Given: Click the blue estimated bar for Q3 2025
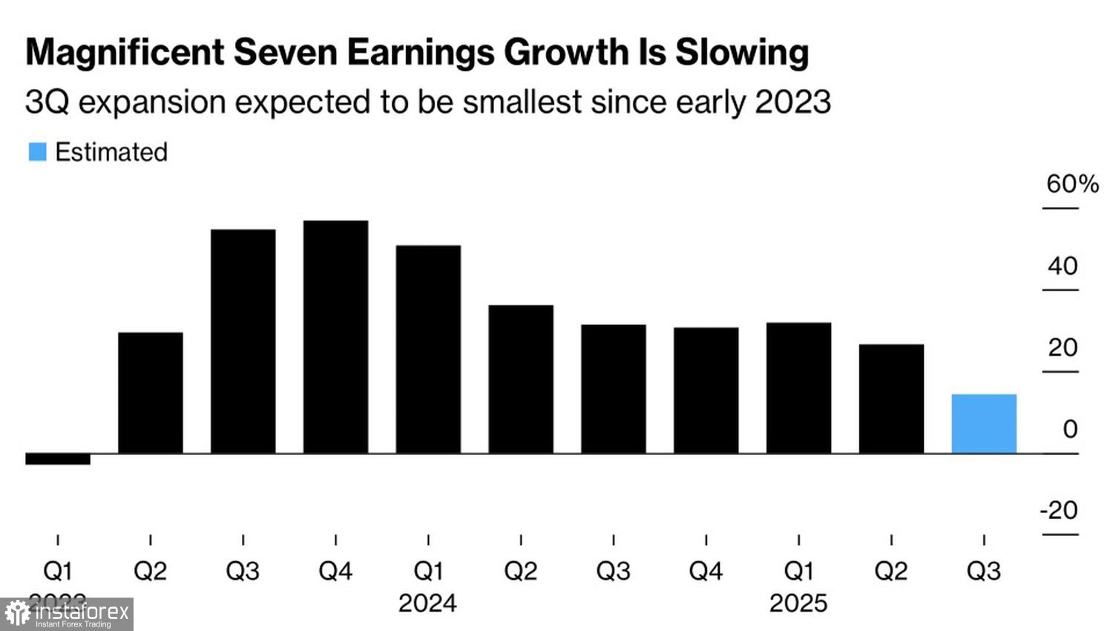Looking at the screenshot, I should click(984, 424).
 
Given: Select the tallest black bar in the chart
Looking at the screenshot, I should click(335, 337).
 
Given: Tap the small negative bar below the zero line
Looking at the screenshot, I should click(58, 459).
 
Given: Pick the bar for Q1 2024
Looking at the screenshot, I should click(428, 349).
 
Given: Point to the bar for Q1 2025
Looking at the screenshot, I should click(798, 388).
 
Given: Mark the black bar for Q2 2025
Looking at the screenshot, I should click(891, 399).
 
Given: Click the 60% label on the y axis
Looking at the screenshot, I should click(1071, 183).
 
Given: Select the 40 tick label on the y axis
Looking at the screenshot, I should click(1063, 266).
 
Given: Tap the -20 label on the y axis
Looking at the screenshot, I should click(1059, 510).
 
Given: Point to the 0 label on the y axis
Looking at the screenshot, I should click(1069, 428).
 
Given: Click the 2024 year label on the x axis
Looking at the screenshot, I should click(427, 603).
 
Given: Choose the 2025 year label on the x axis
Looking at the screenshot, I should click(798, 603).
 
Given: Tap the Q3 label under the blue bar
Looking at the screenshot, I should click(984, 571).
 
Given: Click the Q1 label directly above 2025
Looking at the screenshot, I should click(798, 571).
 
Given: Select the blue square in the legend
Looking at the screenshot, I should click(37, 151).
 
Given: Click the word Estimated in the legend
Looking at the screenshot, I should click(111, 151).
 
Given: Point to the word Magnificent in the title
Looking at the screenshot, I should click(125, 53).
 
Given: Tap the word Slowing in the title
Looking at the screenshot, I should click(742, 53).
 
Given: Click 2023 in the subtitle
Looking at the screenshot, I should click(792, 102).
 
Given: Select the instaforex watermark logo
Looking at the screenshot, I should click(67, 614).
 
